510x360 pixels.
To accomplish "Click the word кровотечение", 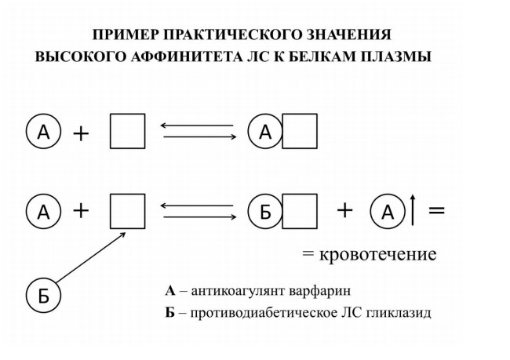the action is coord(378,254).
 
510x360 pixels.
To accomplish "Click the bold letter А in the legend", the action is coord(170,291).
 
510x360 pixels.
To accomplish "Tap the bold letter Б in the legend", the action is coord(169,313).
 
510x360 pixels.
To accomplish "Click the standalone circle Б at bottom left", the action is coord(44,296).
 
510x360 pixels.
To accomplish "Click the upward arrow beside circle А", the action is coord(413,210).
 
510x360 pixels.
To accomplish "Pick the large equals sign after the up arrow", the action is coord(436,210).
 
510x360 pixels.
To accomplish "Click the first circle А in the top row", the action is coord(44,132).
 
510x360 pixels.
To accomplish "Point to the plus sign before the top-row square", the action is coord(81,133).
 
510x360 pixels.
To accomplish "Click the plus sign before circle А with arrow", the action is coord(344,210).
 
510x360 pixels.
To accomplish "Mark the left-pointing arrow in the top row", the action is coord(197,125).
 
